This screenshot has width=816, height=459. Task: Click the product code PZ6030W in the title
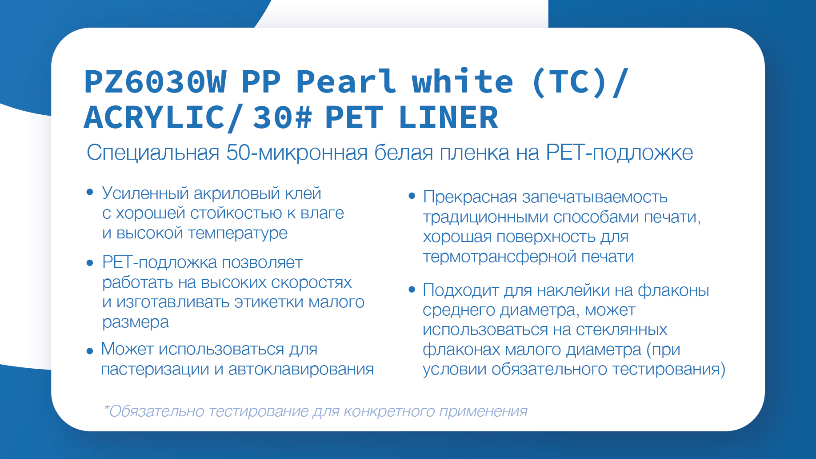click(155, 82)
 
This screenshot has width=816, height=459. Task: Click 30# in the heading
click(282, 117)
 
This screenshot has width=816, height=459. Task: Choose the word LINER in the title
click(448, 117)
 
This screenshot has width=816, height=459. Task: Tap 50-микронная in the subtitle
click(297, 153)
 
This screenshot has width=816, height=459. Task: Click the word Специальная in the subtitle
click(153, 153)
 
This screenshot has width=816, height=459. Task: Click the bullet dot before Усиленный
click(90, 192)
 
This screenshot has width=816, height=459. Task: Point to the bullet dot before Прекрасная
click(412, 196)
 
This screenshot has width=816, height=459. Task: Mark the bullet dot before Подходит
click(412, 290)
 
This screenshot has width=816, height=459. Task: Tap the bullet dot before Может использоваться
click(90, 351)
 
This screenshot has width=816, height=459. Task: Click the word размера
click(136, 322)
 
